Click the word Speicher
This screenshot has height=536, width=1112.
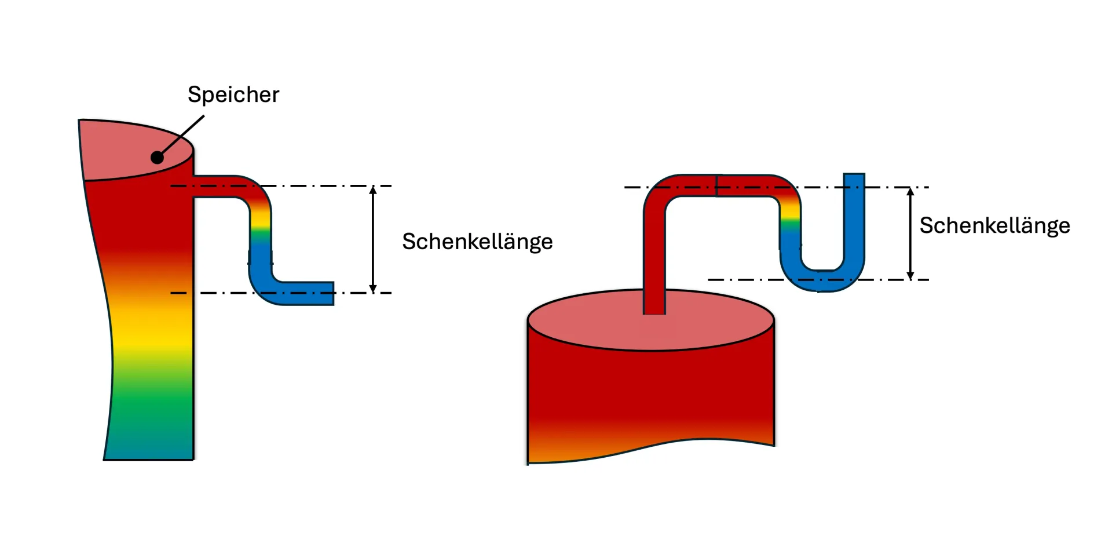coord(233,94)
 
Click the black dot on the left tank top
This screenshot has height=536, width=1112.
coord(157,157)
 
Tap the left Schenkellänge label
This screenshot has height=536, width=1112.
coord(477,242)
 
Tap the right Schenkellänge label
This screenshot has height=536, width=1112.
coord(994,225)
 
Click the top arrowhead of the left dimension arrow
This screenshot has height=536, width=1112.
coord(373,190)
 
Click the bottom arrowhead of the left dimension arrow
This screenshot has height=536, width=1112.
coord(373,289)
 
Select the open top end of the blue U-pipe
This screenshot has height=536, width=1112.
coord(854,176)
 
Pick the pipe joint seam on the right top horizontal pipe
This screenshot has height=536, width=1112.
coord(716,185)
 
